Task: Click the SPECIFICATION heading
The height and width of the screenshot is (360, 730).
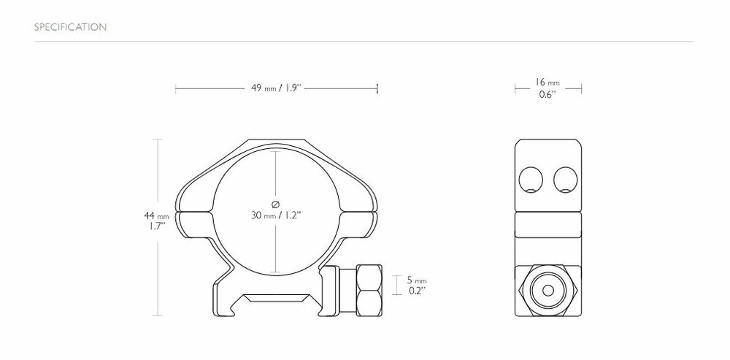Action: point(71,28)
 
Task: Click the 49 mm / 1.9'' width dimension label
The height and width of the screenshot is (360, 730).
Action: point(276,88)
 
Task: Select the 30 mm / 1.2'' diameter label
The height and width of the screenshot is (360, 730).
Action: point(276,216)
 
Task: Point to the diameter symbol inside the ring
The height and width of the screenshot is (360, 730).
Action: point(276,202)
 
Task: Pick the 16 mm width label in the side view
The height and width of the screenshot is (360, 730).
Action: point(547,83)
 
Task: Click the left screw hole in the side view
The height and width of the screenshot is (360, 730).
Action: point(531,178)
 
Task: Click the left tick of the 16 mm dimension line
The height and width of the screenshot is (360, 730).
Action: point(515,88)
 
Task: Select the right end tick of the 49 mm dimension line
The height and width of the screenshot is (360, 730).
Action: point(377,88)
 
